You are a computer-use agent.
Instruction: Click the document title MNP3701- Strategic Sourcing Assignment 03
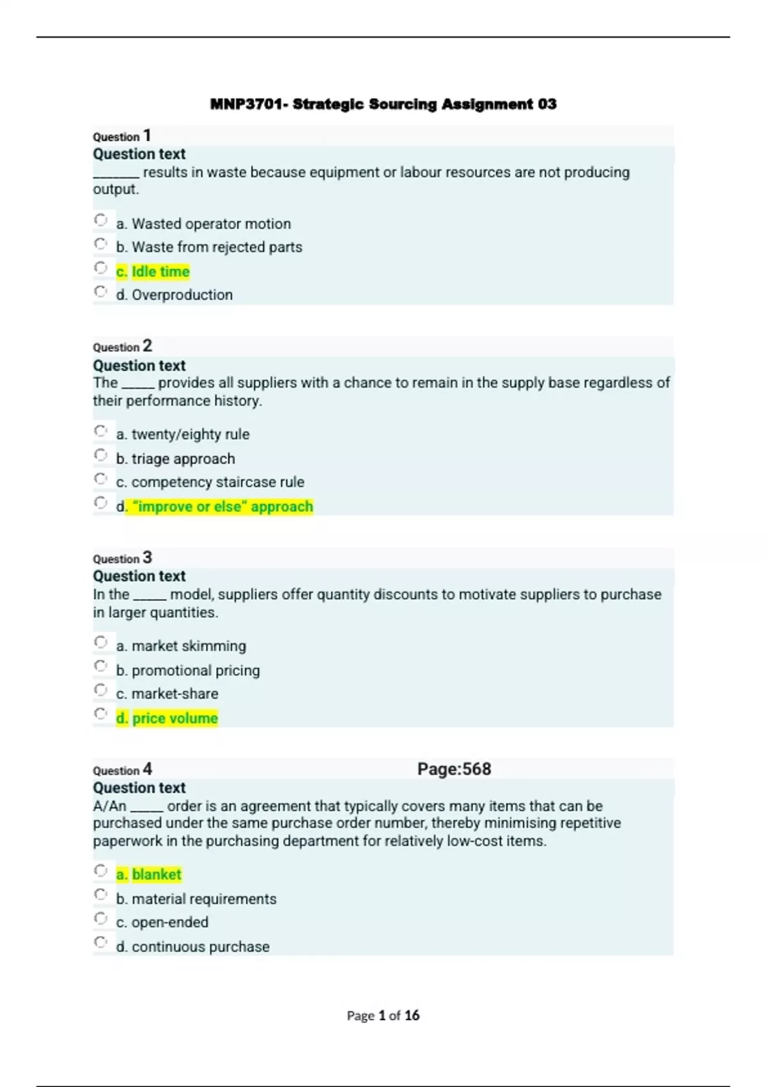point(383,104)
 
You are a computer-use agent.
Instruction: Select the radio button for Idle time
point(100,268)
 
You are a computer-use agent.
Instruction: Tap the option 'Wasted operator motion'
point(203,224)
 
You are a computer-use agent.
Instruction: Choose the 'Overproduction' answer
point(174,295)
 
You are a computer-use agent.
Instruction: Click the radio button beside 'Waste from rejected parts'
point(100,244)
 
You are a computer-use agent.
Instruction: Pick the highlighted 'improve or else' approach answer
point(215,506)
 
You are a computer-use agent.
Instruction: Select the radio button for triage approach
point(100,455)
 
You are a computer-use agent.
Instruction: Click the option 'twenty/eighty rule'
point(183,434)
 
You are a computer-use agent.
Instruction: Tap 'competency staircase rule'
point(210,482)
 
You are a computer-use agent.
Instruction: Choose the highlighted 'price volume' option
point(167,718)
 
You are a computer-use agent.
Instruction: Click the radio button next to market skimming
point(100,642)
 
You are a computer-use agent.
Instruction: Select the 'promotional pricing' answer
point(188,670)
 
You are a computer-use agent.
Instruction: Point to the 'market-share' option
point(167,694)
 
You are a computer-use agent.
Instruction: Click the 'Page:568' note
point(454,769)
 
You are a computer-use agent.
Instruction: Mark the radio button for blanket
point(100,871)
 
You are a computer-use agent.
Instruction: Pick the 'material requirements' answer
point(196,899)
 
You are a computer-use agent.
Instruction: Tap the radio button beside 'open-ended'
point(100,919)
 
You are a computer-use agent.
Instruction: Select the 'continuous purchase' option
point(193,947)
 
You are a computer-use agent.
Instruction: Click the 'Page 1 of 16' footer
point(383,1015)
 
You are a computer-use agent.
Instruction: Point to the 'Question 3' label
point(122,558)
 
